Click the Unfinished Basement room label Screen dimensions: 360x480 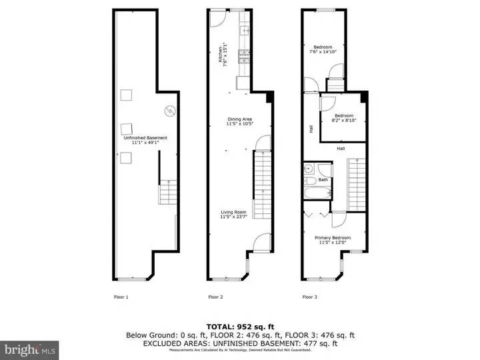(x=145, y=140)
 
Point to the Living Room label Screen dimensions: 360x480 (x=238, y=214)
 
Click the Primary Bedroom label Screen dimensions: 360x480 (x=333, y=240)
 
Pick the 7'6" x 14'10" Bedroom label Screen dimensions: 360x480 (x=323, y=49)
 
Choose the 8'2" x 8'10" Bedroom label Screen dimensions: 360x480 (x=344, y=118)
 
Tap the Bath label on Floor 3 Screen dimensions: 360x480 (x=323, y=180)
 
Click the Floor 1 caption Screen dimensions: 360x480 (x=121, y=297)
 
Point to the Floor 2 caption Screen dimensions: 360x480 (x=215, y=297)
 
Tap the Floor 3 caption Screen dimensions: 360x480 (x=309, y=297)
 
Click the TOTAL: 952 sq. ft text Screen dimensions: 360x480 (x=239, y=326)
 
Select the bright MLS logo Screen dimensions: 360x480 (x=29, y=349)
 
